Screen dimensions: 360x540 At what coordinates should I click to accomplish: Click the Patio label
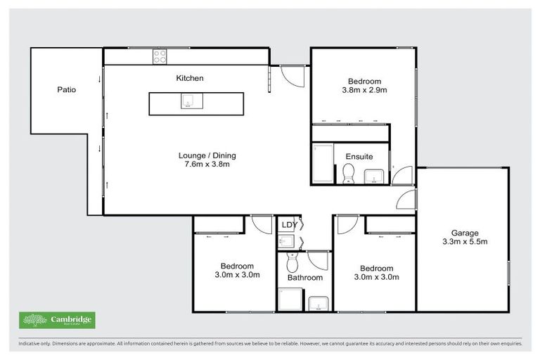(x=67, y=90)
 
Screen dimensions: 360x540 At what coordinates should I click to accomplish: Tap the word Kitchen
(x=189, y=78)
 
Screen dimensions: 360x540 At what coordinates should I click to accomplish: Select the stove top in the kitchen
(x=160, y=57)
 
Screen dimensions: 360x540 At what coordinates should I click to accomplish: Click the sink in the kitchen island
(x=188, y=103)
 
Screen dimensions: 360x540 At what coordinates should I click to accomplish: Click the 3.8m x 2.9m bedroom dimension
(x=364, y=90)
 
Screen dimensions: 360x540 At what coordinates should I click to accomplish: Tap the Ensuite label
(x=359, y=156)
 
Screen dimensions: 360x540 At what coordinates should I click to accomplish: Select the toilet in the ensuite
(x=347, y=174)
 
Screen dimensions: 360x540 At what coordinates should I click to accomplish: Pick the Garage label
(x=465, y=233)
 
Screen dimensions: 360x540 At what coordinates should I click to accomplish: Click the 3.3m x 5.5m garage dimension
(x=465, y=242)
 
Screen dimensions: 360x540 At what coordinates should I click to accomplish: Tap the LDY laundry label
(x=288, y=225)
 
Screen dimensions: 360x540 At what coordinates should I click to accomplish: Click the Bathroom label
(x=304, y=278)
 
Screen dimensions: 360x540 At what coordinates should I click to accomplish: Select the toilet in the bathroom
(x=292, y=262)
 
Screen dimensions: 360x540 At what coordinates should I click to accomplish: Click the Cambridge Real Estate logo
(x=57, y=320)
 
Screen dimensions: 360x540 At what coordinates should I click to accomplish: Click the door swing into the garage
(x=406, y=200)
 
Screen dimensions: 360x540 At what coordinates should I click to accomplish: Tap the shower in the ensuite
(x=322, y=164)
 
